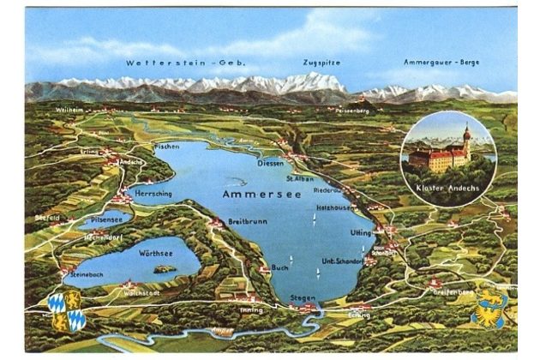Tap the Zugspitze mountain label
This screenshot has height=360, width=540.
322,63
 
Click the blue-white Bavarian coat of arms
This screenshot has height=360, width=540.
67,310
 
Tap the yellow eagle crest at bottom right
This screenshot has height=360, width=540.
489,307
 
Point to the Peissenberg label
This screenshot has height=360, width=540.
353,111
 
